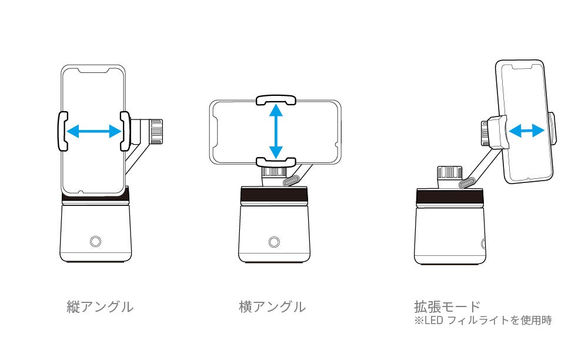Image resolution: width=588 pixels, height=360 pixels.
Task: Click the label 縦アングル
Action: click(x=99, y=306)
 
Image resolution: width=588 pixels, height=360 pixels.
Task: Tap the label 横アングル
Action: click(x=272, y=306)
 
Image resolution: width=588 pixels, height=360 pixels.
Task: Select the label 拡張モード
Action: click(x=447, y=306)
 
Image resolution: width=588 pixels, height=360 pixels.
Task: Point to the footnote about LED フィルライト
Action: click(x=483, y=321)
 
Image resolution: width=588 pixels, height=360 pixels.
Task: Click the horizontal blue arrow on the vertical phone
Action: click(x=93, y=131)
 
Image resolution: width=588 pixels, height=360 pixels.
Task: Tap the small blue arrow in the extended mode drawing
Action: click(x=526, y=131)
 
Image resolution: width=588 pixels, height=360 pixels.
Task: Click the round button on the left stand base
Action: click(x=95, y=241)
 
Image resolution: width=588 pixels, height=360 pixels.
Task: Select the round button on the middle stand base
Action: click(x=273, y=241)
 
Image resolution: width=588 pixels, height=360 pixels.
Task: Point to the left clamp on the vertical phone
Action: click(x=61, y=131)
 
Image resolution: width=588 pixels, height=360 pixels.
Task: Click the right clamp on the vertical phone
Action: click(x=125, y=131)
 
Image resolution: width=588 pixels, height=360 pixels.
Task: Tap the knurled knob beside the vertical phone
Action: click(x=156, y=131)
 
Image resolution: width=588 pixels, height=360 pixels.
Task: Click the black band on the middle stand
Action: click(x=274, y=196)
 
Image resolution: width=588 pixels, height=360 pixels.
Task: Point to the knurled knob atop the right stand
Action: click(x=449, y=174)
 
